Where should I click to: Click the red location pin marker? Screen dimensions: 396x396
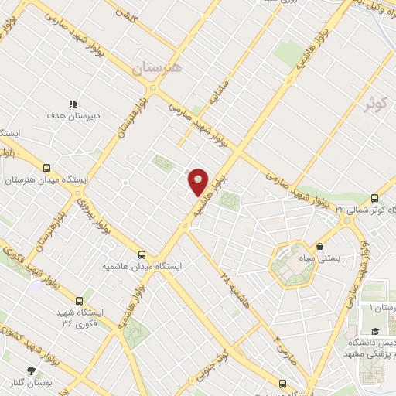coord(199,181)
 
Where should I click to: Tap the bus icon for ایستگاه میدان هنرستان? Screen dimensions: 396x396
coord(47,167)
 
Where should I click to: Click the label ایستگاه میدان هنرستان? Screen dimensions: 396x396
coord(46,180)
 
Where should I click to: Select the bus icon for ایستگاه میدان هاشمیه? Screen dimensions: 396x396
coord(142,254)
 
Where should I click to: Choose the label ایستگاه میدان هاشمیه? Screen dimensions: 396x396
coord(142,266)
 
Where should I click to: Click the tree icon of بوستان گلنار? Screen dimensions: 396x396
coord(32,371)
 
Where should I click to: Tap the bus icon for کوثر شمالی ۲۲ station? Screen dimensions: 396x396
coord(374,198)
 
